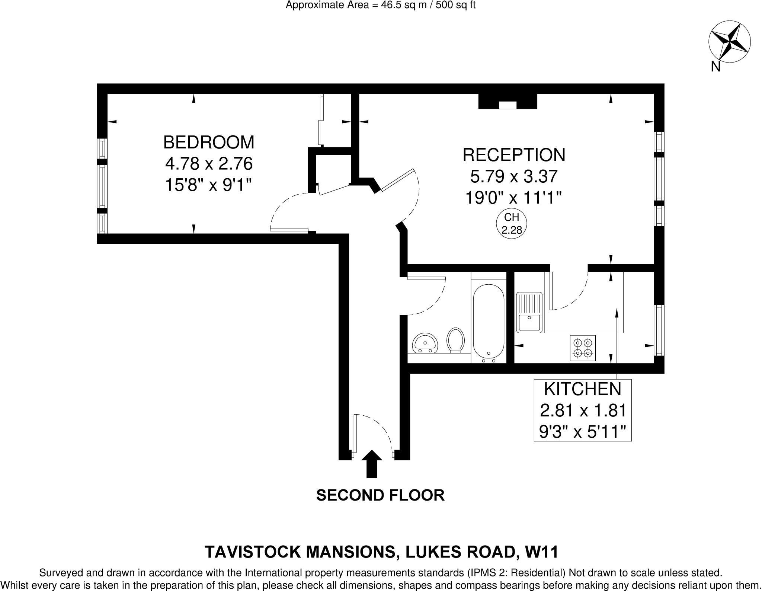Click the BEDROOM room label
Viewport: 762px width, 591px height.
click(x=209, y=142)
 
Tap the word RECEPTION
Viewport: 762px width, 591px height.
click(x=514, y=155)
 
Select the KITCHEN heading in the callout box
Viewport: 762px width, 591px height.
click(x=583, y=389)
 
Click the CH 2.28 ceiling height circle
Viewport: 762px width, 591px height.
click(x=512, y=224)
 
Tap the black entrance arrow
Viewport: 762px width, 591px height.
click(x=372, y=464)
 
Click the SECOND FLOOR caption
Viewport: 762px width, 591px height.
click(x=380, y=495)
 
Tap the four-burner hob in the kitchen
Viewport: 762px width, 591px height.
click(x=582, y=348)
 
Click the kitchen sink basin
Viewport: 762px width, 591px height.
click(x=529, y=322)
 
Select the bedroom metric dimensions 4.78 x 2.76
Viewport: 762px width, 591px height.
click(x=209, y=163)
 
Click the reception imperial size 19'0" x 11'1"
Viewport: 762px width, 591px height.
click(x=513, y=198)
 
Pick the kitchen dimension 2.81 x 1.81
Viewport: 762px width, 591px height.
click(x=583, y=411)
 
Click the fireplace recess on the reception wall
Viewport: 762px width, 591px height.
click(x=508, y=101)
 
